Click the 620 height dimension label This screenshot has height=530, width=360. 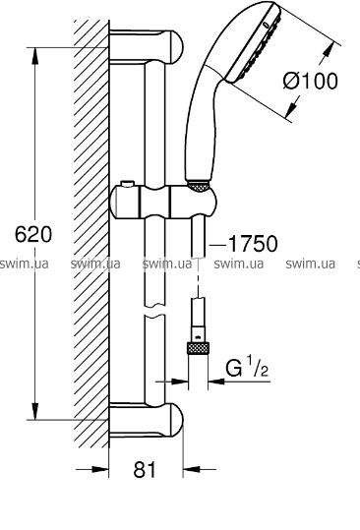point(33,234)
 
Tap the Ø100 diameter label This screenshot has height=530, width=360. point(310,81)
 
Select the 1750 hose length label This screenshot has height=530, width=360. point(253,243)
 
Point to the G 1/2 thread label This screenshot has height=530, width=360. point(247,368)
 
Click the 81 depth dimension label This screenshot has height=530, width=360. point(146,469)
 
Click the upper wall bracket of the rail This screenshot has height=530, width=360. point(146,46)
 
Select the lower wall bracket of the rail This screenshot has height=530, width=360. point(146,420)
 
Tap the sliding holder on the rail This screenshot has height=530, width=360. point(163,202)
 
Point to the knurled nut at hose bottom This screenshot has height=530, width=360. point(198,348)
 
